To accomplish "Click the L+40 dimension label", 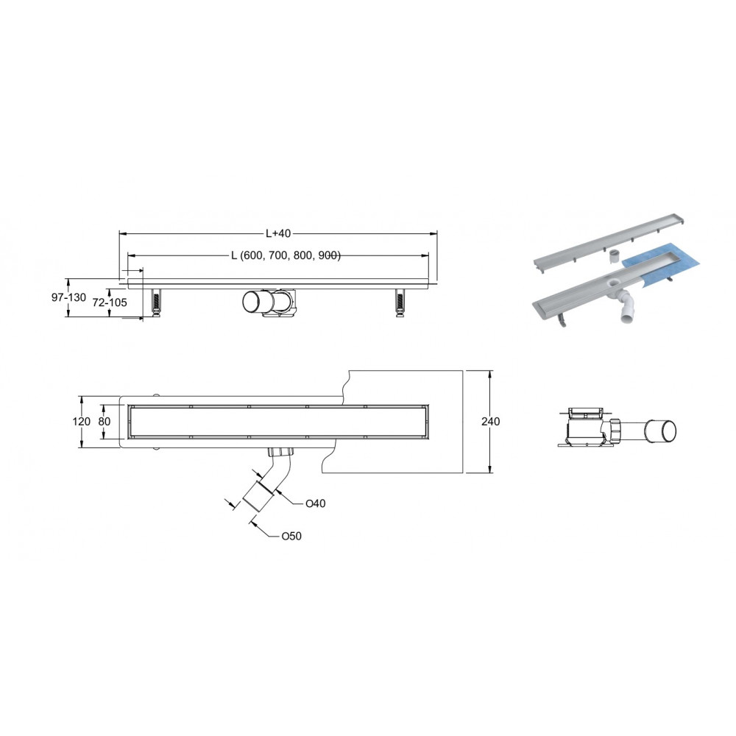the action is [278, 233].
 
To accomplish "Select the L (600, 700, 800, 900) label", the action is [286, 255].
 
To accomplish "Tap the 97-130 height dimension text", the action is [69, 297].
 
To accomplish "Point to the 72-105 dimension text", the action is [110, 302].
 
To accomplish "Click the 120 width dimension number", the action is [81, 422].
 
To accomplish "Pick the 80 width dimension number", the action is [105, 422].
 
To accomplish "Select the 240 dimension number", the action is [490, 422].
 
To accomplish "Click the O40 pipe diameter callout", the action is [316, 503].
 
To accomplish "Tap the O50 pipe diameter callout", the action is [291, 536].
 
